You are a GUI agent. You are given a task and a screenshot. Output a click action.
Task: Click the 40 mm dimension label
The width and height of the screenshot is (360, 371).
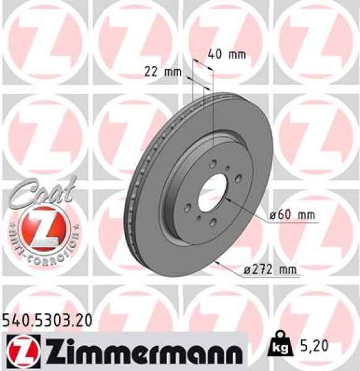coord(227,54)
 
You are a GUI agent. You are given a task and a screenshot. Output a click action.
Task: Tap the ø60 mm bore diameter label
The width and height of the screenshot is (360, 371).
coord(292,215)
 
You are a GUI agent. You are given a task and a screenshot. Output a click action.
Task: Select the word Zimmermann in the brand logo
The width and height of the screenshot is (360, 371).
coord(140,352)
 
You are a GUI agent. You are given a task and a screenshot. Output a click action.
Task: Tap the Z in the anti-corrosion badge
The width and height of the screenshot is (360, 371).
coord(39,229)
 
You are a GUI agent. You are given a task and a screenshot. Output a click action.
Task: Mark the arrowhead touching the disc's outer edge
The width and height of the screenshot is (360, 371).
coord(218,263)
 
